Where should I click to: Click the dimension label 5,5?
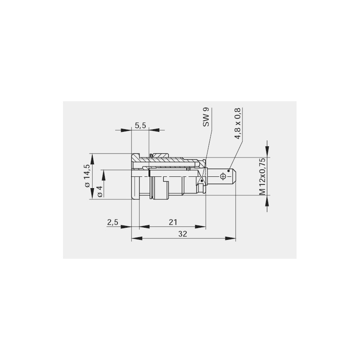point(140,126)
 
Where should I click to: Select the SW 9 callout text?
point(206,117)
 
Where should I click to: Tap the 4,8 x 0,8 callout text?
point(238,123)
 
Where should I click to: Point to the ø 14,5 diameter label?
point(87,175)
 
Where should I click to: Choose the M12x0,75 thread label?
point(262,176)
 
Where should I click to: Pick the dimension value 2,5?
point(112,222)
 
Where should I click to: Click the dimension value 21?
point(173,222)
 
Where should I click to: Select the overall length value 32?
point(183,234)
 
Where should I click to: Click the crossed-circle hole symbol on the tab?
point(223,176)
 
